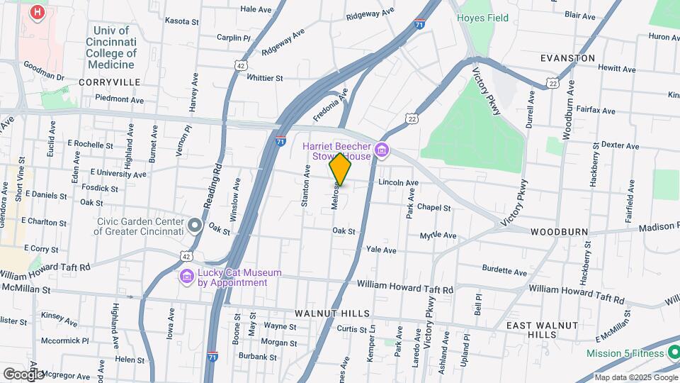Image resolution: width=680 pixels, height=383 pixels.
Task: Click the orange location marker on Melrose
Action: point(340,170)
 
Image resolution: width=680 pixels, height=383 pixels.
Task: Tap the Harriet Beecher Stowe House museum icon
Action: point(382,150)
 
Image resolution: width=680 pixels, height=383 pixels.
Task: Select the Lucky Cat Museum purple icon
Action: point(187,276)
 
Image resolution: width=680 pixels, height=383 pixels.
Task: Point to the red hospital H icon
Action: point(38,12)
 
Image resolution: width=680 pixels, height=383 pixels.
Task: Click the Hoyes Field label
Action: point(482,18)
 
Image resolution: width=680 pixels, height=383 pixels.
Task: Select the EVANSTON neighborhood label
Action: point(567,57)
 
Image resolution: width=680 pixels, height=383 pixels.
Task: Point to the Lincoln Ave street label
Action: point(398,182)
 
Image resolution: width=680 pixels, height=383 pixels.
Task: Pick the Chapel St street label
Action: point(433,208)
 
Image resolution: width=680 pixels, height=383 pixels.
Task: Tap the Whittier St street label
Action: point(265,78)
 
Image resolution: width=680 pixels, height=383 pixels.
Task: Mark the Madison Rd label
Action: point(658,228)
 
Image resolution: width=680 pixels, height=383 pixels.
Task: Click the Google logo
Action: point(23,374)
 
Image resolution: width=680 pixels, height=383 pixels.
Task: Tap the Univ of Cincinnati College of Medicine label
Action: point(112,48)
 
